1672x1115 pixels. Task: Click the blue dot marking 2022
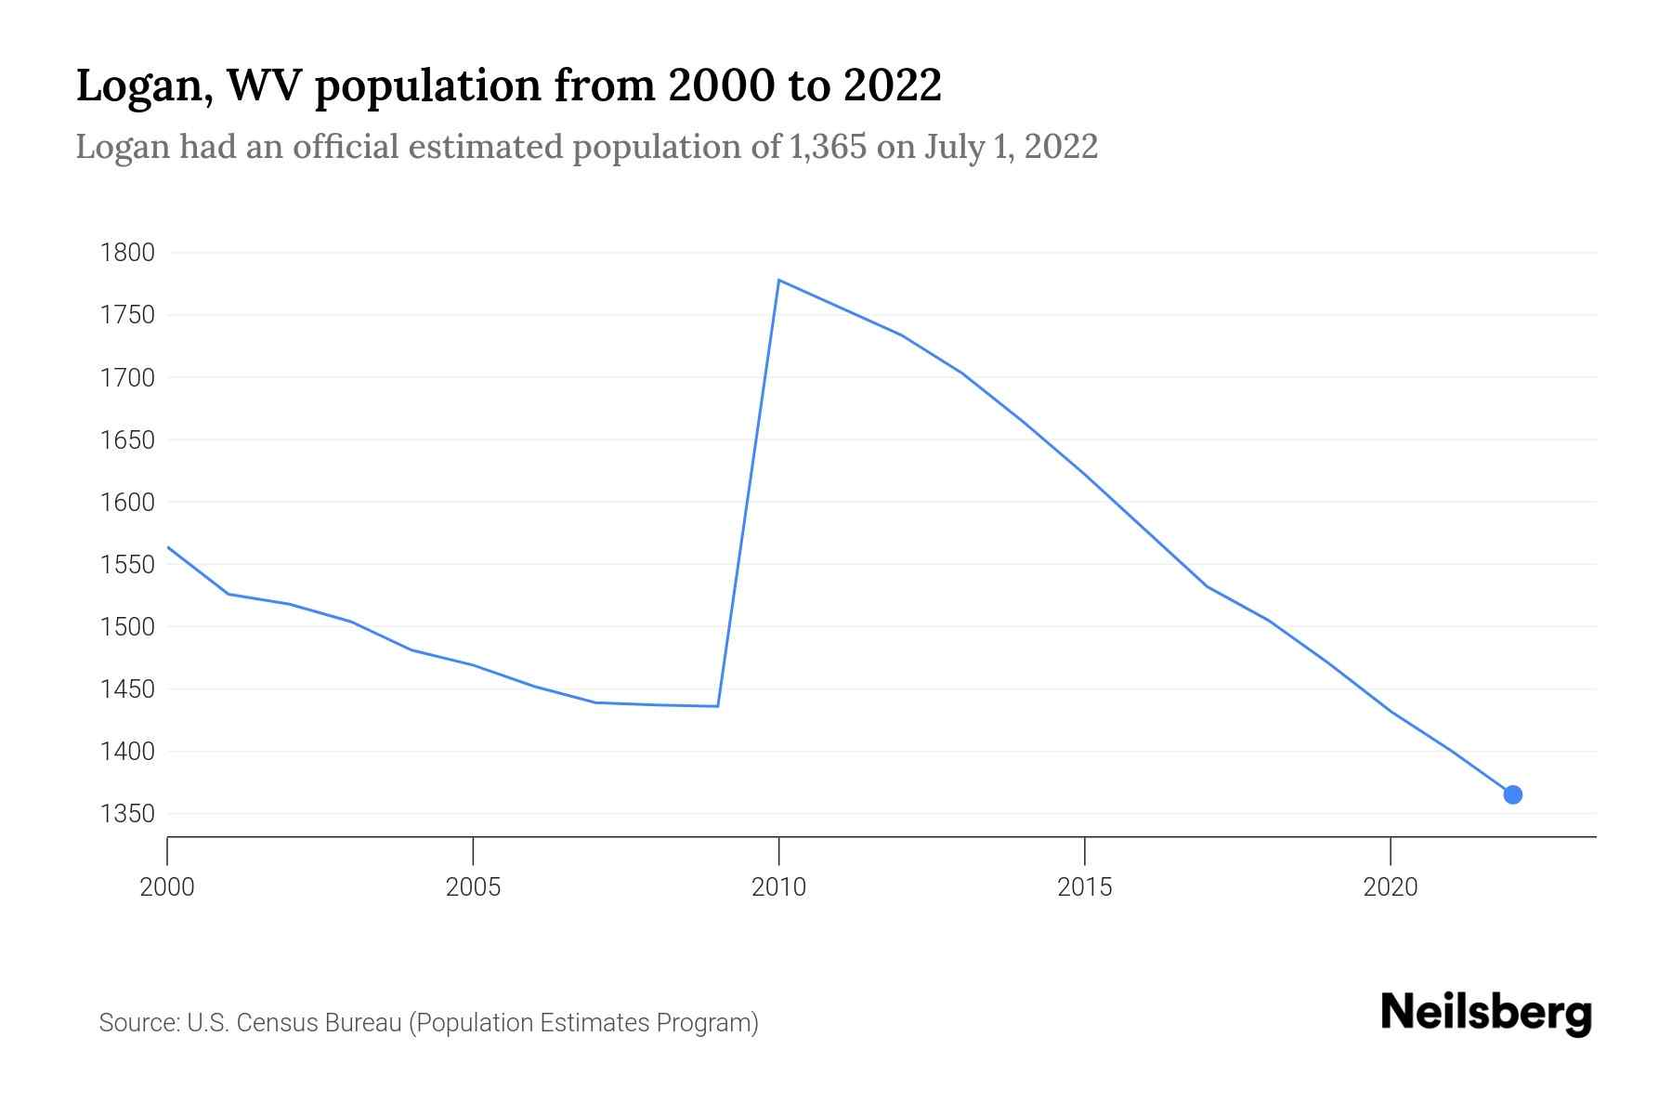[1512, 794]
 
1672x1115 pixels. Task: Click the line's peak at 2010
[778, 280]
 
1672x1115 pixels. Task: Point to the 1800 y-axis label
[127, 253]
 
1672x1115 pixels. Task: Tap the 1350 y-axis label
[127, 814]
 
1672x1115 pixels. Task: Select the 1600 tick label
[127, 503]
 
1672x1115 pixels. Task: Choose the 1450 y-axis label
[127, 689]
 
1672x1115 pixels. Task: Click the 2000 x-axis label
[167, 887]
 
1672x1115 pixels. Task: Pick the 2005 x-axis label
[473, 887]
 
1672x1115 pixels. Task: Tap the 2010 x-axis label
[778, 887]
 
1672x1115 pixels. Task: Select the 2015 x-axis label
[1084, 887]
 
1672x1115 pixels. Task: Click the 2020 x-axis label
[1390, 887]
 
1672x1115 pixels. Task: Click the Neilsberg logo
[1486, 1013]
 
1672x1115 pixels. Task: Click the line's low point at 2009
[717, 706]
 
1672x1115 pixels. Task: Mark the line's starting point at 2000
[168, 547]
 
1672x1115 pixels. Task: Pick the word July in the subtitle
[954, 147]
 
